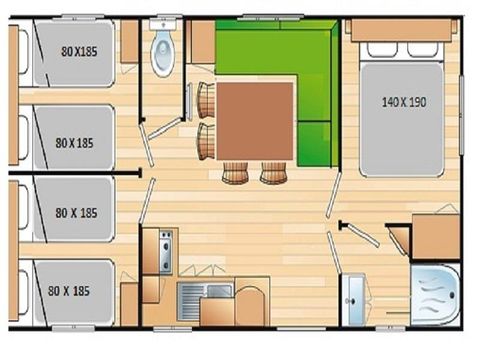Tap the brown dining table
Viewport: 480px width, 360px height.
[x=256, y=121]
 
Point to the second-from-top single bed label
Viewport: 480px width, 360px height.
[x=75, y=141]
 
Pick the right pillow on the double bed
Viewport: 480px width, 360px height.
[x=425, y=47]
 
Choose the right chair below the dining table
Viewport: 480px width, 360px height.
[x=273, y=174]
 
